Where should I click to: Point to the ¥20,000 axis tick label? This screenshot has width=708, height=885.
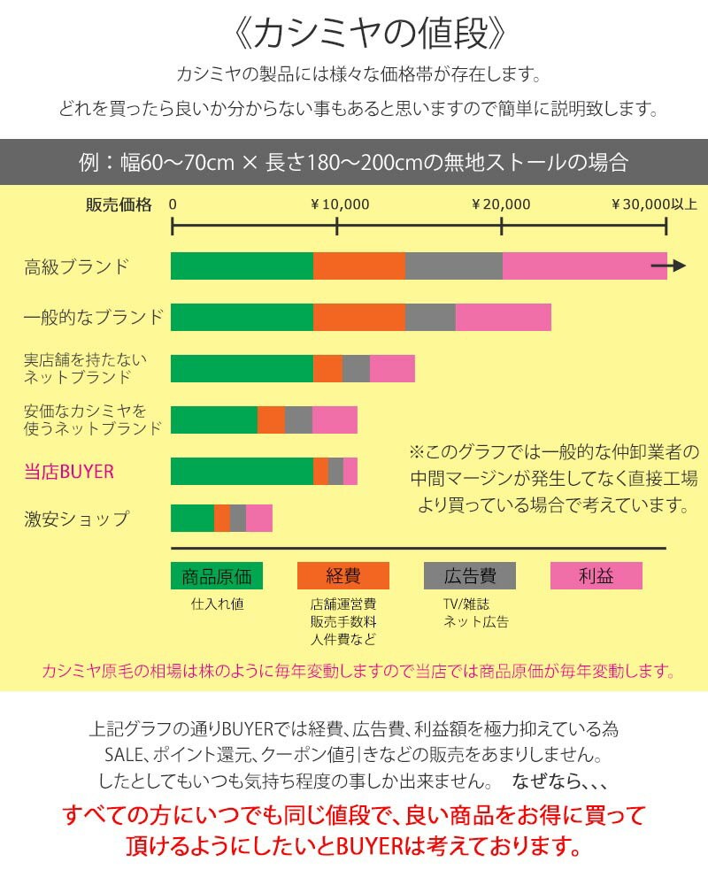pyautogui.click(x=501, y=204)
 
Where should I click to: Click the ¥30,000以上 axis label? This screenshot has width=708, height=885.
pyautogui.click(x=654, y=204)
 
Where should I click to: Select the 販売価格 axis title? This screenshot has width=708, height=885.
pyautogui.click(x=119, y=204)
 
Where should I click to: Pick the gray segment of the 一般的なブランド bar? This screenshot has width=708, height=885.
pyautogui.click(x=430, y=317)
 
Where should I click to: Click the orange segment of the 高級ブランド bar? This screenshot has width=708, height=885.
pyautogui.click(x=359, y=265)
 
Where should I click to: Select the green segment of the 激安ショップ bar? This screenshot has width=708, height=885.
pyautogui.click(x=192, y=518)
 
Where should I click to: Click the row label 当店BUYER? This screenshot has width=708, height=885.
pyautogui.click(x=69, y=472)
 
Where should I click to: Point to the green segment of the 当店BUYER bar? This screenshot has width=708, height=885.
pyautogui.click(x=242, y=472)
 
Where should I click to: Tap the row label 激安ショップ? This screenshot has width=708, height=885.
pyautogui.click(x=76, y=519)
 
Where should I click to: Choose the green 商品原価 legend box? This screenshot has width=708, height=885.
pyautogui.click(x=217, y=576)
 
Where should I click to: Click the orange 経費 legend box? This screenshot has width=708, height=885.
pyautogui.click(x=343, y=576)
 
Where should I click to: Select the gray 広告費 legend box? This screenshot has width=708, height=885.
pyautogui.click(x=470, y=576)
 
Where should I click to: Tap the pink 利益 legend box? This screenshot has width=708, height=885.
pyautogui.click(x=596, y=576)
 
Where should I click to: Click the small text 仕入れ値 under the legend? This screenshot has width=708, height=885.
pyautogui.click(x=217, y=604)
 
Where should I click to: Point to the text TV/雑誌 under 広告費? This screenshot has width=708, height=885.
pyautogui.click(x=466, y=604)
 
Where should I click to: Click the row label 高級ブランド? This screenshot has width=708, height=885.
pyautogui.click(x=77, y=266)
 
